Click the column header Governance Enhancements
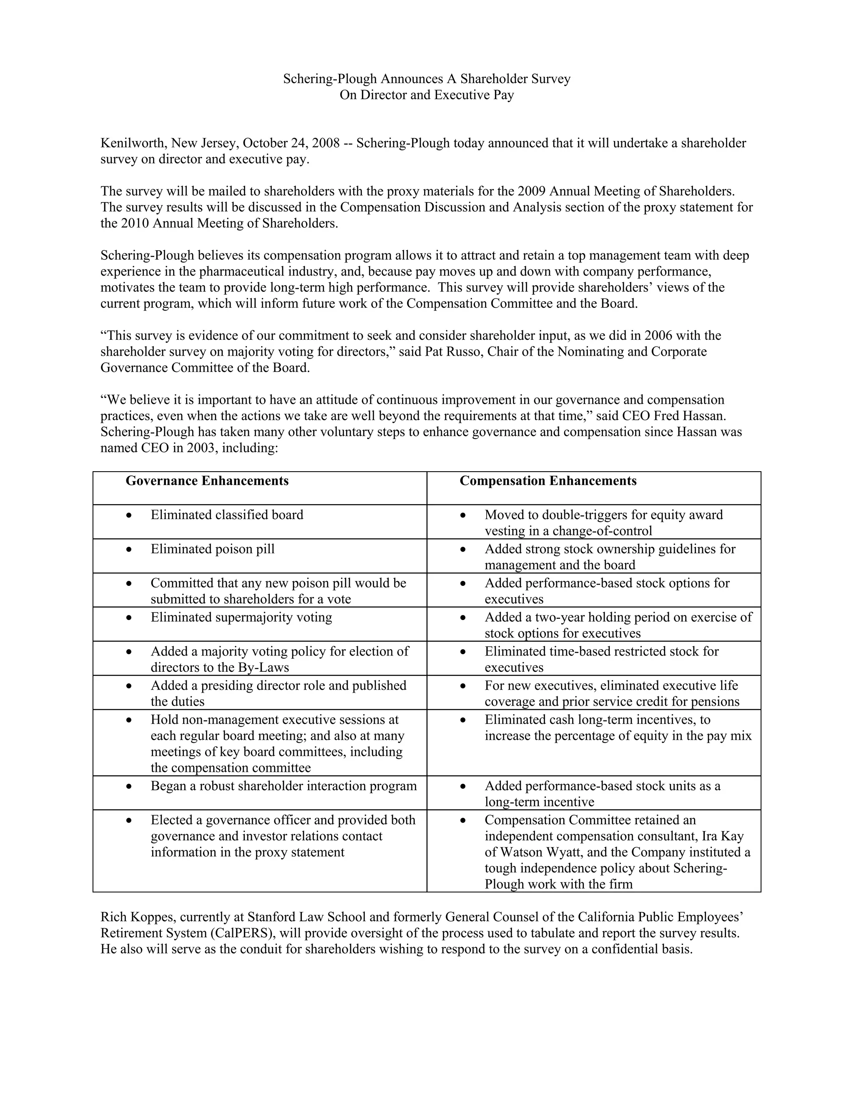coord(207,481)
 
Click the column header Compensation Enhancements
coord(548,481)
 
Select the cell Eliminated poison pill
coord(213,549)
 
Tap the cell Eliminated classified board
coord(227,515)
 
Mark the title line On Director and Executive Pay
coord(427,95)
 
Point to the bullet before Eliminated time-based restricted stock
coord(463,652)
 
